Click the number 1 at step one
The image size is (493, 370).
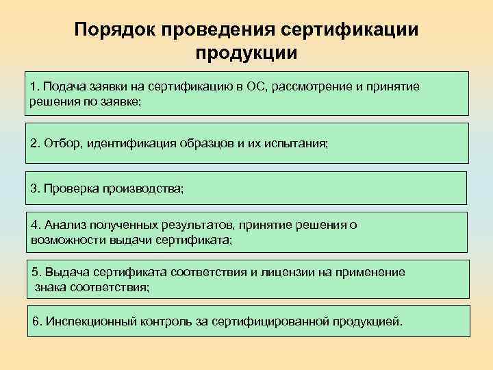click(34, 87)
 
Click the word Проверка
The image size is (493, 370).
click(71, 188)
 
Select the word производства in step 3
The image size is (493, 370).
click(143, 188)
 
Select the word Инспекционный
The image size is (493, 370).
click(86, 321)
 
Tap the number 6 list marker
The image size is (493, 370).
click(36, 321)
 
